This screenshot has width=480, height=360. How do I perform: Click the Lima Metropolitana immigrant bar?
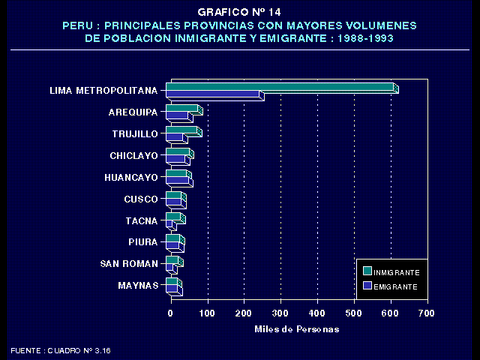tap(281, 88)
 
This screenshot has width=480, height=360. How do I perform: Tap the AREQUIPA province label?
tap(133, 112)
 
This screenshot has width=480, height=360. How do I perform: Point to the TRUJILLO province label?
tap(135, 134)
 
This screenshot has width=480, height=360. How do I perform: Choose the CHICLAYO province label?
tap(134, 156)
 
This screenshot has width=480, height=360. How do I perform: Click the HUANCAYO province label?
tap(131, 178)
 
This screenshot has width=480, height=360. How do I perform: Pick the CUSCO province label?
tap(141, 199)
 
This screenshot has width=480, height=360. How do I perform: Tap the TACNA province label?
tap(142, 220)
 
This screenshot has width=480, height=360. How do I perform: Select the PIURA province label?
tap(142, 242)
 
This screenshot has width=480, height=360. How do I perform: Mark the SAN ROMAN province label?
tap(129, 264)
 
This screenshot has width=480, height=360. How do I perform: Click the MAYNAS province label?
tap(138, 286)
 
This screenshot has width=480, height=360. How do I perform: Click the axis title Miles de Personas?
tap(296, 329)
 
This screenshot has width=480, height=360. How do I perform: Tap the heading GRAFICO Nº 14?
tap(239, 13)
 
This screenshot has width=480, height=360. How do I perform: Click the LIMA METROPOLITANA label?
tap(103, 91)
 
